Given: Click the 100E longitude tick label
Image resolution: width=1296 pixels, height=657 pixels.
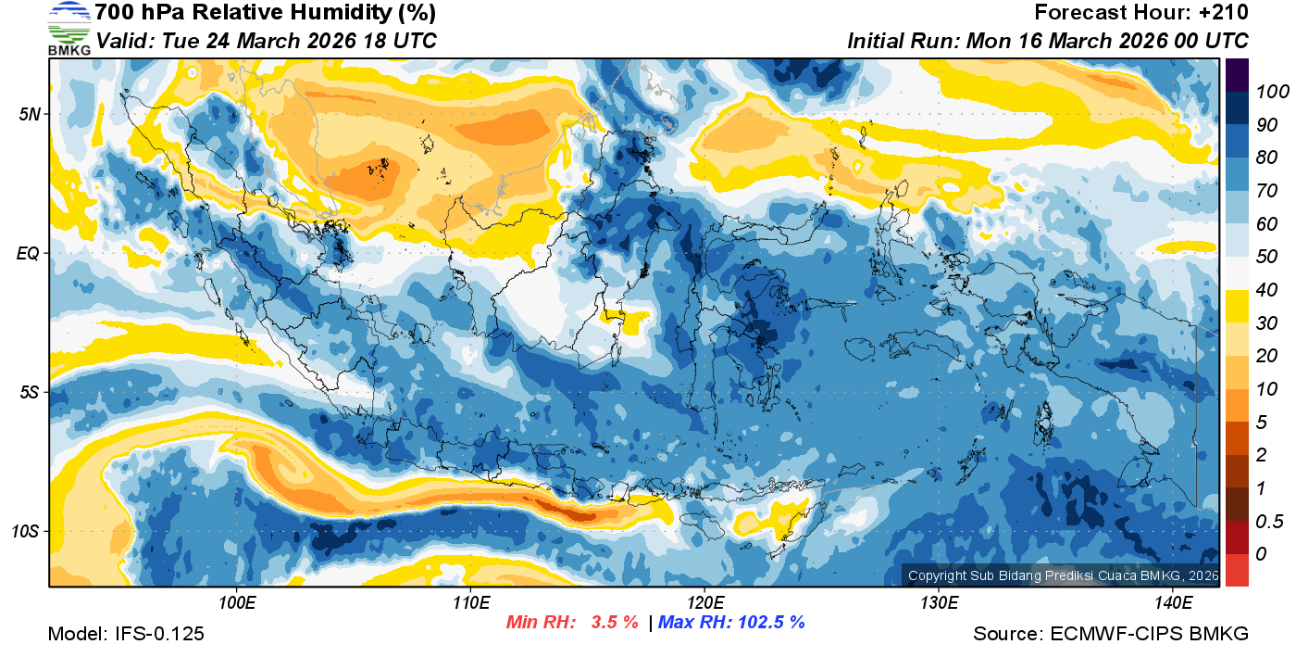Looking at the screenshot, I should (x=237, y=603).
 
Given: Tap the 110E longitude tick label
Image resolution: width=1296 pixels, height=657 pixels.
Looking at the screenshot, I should (x=470, y=603).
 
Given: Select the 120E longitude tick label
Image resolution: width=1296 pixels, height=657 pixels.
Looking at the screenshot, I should (x=704, y=603).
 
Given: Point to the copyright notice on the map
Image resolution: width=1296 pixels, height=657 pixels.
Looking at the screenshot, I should (x=1063, y=575).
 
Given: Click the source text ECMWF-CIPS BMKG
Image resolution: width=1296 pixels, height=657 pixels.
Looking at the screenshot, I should (x=1149, y=634).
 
